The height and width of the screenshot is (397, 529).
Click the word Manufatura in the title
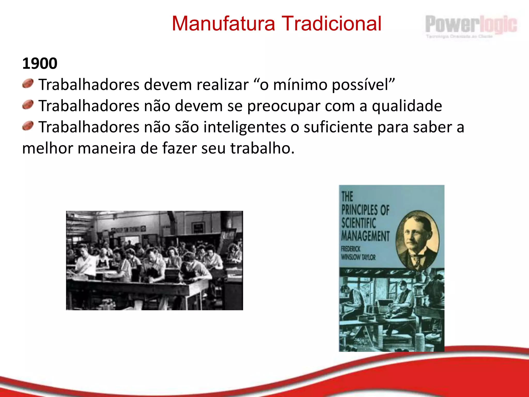(x=223, y=24)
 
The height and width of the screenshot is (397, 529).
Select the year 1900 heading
(x=40, y=64)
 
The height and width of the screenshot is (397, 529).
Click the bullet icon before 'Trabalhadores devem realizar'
(x=28, y=84)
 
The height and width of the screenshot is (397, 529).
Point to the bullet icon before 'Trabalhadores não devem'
(x=28, y=105)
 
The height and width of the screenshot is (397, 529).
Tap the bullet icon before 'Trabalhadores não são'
(x=28, y=126)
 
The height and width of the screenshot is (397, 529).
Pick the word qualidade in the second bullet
(x=407, y=106)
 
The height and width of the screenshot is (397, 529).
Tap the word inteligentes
(x=245, y=127)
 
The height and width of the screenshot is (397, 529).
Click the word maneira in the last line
(x=107, y=149)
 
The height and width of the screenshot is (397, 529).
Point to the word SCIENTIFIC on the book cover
(x=359, y=223)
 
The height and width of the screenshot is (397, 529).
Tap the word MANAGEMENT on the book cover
(x=365, y=236)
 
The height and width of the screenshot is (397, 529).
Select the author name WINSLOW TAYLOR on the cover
(x=358, y=257)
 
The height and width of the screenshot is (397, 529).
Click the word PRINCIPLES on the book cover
(x=357, y=210)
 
